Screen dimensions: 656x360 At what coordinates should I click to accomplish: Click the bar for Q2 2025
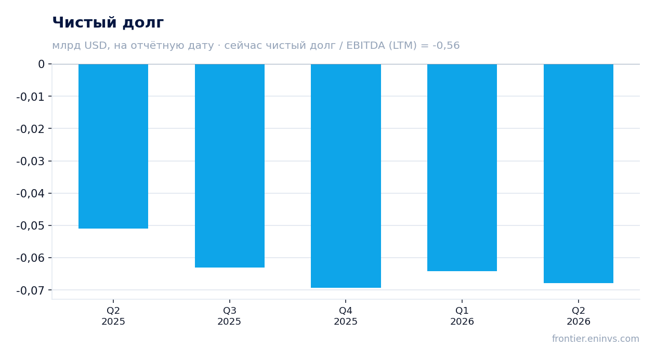click(113, 146)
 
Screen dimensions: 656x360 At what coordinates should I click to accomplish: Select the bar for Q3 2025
click(230, 166)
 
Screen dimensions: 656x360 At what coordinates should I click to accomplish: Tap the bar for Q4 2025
click(346, 176)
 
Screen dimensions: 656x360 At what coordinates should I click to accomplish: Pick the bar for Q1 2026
click(462, 167)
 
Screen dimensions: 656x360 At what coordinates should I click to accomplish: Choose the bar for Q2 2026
click(579, 174)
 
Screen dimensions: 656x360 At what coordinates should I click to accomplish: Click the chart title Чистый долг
click(108, 22)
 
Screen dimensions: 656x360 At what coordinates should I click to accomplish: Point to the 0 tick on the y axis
click(41, 64)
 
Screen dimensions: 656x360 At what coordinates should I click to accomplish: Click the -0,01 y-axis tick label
click(31, 97)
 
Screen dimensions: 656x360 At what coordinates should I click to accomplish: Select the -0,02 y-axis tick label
click(31, 129)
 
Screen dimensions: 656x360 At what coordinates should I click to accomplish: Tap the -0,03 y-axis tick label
click(31, 161)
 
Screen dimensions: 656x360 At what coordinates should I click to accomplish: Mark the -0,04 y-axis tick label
click(31, 193)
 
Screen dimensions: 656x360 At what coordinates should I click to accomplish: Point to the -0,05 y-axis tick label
click(31, 225)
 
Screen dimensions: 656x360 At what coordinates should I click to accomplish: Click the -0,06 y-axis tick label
click(31, 258)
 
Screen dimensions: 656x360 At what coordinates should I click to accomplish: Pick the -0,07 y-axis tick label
click(31, 290)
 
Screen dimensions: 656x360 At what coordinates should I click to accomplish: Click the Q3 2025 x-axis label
click(229, 316)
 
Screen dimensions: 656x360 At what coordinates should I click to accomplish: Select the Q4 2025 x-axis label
click(346, 316)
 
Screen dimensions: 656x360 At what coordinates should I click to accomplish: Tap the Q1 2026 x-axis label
click(462, 316)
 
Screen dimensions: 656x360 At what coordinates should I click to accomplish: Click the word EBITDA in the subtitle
click(365, 46)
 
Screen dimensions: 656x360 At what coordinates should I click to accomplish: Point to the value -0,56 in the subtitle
click(446, 46)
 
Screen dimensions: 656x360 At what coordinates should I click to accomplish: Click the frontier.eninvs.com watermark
click(596, 339)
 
